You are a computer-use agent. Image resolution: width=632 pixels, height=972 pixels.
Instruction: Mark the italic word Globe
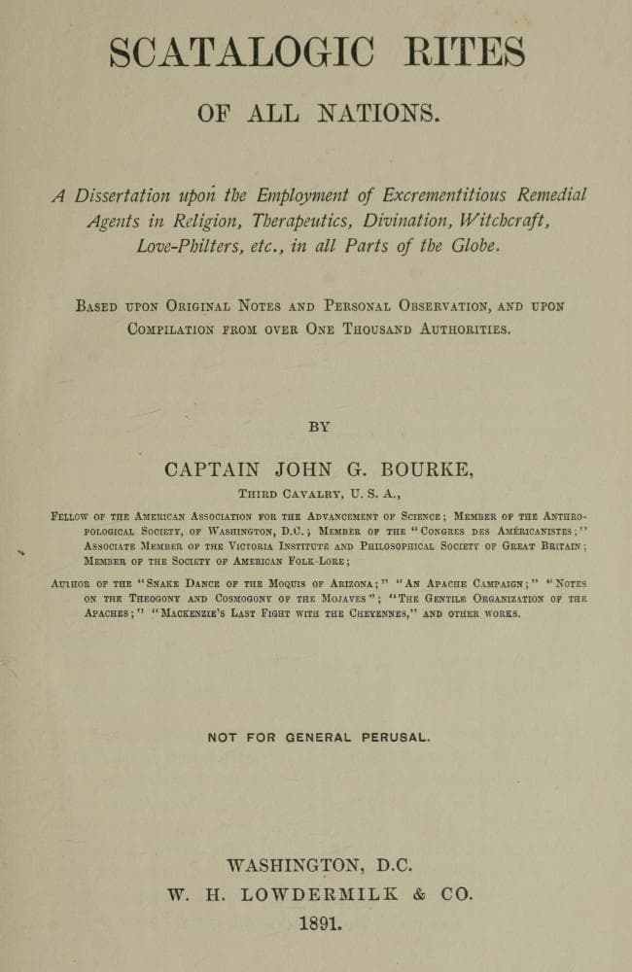[x=473, y=246]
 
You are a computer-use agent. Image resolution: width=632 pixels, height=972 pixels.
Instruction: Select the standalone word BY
[x=319, y=426]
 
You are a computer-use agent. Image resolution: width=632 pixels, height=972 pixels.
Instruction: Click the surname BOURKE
[x=428, y=469]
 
